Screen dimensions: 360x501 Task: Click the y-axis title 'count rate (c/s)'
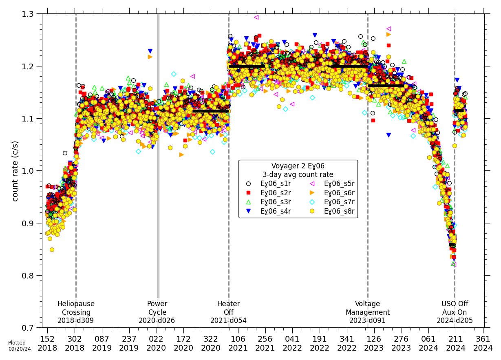15,171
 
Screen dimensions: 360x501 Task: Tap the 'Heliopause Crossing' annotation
76,312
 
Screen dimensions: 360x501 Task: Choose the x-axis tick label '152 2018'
47,343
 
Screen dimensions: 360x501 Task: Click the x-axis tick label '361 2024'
483,343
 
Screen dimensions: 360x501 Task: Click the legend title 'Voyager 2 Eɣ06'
298,166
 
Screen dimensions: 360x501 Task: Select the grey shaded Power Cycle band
158,163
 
